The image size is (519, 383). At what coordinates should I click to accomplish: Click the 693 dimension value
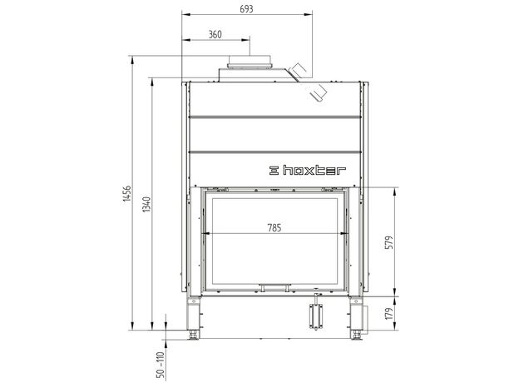(246, 9)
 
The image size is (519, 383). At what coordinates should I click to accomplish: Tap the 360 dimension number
(215, 34)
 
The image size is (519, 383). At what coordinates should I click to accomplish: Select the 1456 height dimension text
(126, 193)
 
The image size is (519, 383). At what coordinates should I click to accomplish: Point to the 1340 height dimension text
(146, 205)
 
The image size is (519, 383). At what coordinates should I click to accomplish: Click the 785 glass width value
(274, 228)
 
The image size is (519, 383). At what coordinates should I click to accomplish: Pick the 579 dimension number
(389, 242)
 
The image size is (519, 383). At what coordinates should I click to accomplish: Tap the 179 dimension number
(389, 313)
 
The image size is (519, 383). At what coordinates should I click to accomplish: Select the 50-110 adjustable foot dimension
(161, 365)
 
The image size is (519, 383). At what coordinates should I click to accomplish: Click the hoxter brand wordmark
(314, 171)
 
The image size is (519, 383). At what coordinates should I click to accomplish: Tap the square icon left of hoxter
(274, 171)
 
